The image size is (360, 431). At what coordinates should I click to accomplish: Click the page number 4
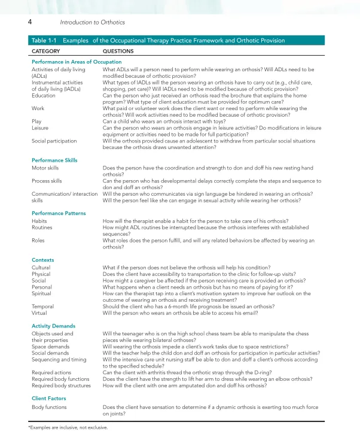click(x=29, y=22)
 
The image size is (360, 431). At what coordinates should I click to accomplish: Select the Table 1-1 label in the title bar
click(x=44, y=41)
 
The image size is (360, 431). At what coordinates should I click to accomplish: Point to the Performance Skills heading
click(x=54, y=160)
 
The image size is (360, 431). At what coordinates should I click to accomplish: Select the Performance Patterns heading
click(x=58, y=213)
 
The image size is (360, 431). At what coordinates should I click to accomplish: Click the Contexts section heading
click(x=42, y=260)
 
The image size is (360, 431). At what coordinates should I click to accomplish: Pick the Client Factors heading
click(x=49, y=398)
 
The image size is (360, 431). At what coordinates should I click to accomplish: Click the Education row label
click(x=43, y=95)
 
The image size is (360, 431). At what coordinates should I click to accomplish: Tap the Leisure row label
click(x=40, y=128)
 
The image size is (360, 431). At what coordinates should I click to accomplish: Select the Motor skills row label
click(x=45, y=168)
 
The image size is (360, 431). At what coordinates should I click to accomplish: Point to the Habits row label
click(x=39, y=221)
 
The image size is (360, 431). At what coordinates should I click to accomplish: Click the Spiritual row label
click(x=41, y=294)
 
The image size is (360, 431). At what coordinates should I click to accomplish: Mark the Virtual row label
click(x=39, y=313)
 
